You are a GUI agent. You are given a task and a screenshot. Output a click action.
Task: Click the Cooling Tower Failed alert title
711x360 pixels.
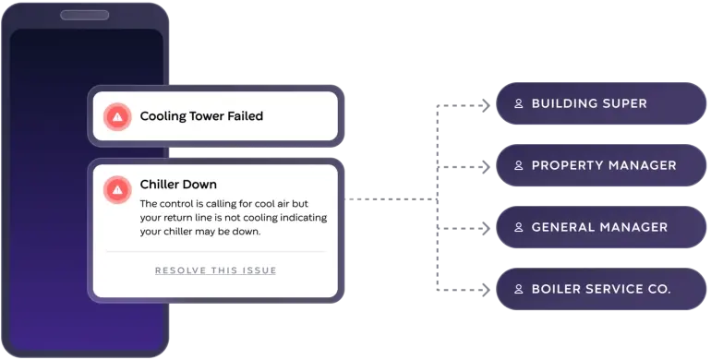coord(201,116)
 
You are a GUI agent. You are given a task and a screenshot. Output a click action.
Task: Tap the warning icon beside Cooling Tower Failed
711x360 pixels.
coord(117,116)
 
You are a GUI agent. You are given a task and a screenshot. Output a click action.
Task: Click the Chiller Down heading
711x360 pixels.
coord(178,185)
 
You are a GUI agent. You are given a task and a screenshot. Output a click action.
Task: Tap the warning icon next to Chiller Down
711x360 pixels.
coord(117,188)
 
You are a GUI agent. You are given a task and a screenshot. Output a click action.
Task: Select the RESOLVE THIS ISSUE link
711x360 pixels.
coord(215,270)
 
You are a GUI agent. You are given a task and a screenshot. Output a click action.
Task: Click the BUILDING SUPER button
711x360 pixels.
coord(600,103)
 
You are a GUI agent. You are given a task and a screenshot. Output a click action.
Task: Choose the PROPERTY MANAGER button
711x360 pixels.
coord(600,165)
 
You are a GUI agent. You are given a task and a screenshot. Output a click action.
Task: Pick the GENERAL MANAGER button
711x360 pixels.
coord(600,227)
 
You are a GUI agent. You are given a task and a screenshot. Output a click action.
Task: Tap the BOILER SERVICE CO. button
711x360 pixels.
coord(600,289)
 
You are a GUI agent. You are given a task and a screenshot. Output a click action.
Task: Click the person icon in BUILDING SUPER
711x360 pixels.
coord(519,103)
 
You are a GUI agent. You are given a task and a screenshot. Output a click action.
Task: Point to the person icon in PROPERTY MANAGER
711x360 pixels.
coord(519,166)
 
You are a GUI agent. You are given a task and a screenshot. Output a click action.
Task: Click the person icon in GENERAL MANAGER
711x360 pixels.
coord(519,227)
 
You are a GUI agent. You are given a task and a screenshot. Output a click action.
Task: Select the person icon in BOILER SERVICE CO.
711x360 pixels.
coord(519,289)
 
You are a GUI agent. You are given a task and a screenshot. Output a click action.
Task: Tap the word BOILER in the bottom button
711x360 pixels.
coord(556,289)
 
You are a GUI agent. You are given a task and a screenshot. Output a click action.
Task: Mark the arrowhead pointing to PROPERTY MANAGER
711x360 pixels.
coord(486,166)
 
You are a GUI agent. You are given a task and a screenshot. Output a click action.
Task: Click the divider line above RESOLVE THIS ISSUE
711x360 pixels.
coord(215,251)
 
